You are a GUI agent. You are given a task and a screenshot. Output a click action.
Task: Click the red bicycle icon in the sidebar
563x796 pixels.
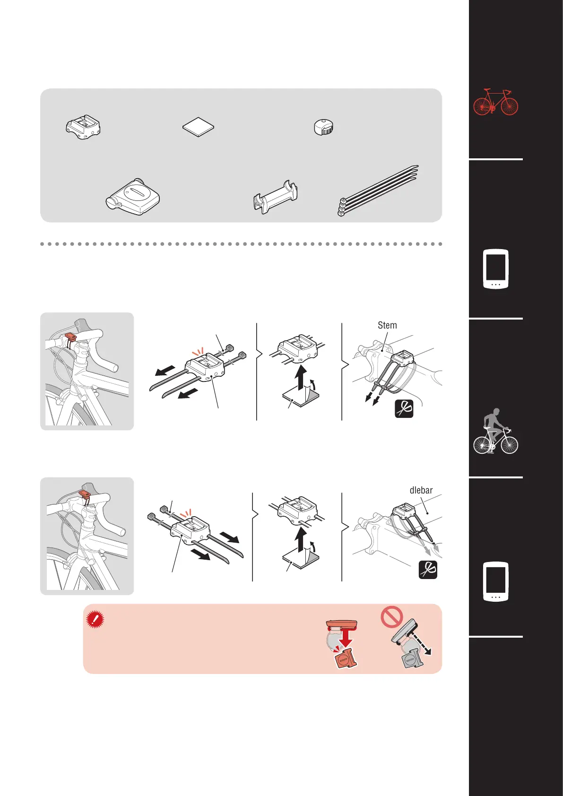click(x=495, y=102)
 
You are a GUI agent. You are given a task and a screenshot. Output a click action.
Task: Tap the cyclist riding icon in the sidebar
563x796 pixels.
click(x=495, y=431)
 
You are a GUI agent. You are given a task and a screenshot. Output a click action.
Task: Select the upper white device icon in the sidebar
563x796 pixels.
click(x=495, y=269)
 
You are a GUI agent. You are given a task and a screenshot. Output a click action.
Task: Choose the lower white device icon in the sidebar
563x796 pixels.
click(x=495, y=582)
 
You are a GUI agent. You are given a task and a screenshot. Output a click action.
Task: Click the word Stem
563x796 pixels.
click(x=387, y=325)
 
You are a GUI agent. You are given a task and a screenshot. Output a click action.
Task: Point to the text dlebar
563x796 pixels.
click(x=421, y=490)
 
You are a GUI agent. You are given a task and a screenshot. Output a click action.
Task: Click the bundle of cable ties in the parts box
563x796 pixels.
click(x=378, y=190)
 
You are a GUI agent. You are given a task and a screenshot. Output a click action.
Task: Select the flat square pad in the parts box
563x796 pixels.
click(x=199, y=127)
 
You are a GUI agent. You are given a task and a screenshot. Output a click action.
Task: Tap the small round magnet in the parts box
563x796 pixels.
click(x=324, y=127)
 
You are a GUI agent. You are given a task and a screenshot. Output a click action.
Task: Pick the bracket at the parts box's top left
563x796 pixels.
click(x=83, y=127)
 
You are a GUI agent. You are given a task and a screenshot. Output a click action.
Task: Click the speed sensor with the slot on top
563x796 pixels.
click(x=133, y=197)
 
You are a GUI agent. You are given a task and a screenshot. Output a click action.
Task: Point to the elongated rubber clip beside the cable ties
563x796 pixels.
click(x=276, y=197)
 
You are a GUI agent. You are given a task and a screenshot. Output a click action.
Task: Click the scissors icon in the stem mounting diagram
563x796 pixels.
click(x=404, y=409)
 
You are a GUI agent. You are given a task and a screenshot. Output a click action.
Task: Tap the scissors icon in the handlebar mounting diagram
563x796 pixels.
click(x=428, y=570)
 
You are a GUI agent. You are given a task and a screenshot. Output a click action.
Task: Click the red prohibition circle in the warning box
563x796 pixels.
click(x=392, y=616)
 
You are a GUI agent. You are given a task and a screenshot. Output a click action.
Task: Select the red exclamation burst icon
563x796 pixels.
click(x=95, y=619)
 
